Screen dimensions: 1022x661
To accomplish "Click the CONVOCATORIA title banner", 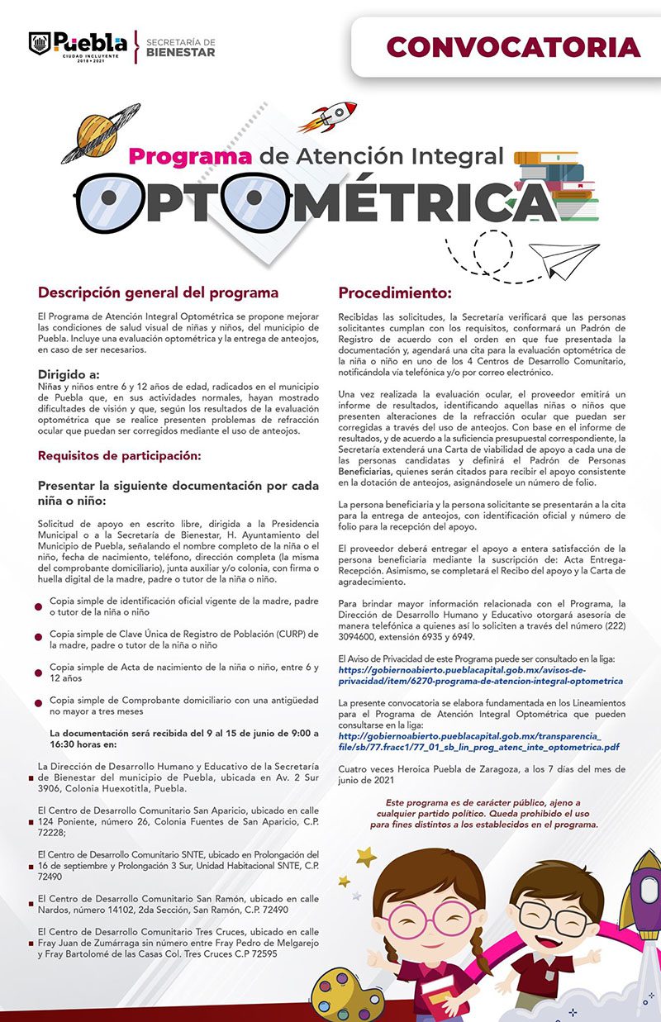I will pyautogui.click(x=512, y=47).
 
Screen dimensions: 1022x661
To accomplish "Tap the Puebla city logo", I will pyautogui.click(x=78, y=45).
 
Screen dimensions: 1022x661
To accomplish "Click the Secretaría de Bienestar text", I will pyautogui.click(x=180, y=47).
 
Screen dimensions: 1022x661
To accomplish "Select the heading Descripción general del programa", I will pyautogui.click(x=158, y=292).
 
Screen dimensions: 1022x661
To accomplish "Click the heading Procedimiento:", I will pyautogui.click(x=395, y=293).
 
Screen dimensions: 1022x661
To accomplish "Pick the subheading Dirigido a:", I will pyautogui.click(x=69, y=373).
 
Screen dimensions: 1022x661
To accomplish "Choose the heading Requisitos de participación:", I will pyautogui.click(x=120, y=455).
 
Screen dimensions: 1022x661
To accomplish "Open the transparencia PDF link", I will pyautogui.click(x=478, y=741).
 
